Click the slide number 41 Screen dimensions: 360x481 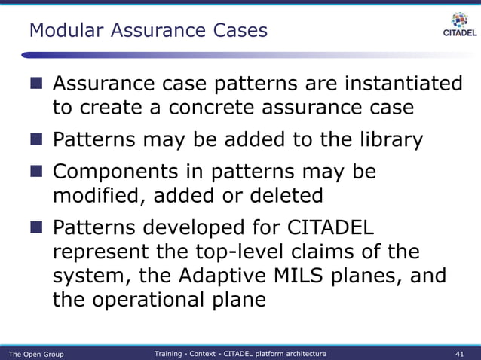[x=460, y=354]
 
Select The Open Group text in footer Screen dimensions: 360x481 [x=35, y=354]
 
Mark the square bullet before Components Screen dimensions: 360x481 [x=37, y=172]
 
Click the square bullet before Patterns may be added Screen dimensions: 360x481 [x=37, y=140]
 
